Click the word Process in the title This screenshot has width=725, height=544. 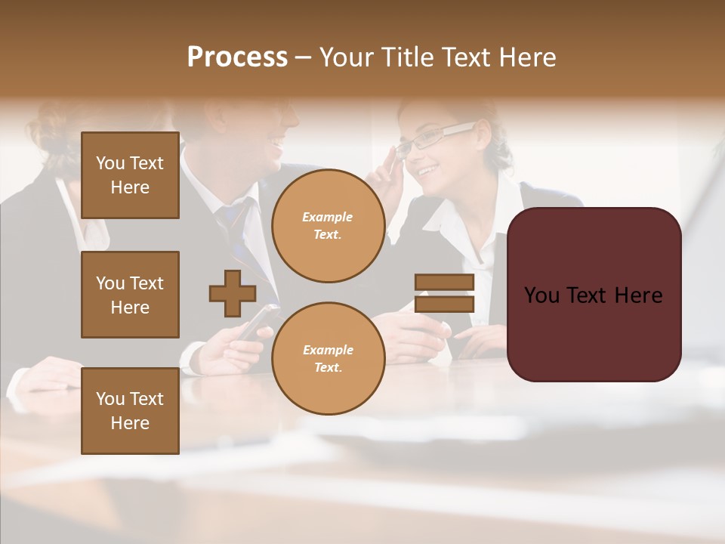(x=237, y=57)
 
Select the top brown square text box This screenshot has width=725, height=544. (x=130, y=175)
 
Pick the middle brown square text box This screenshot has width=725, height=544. (x=130, y=295)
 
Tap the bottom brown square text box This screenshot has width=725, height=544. (x=130, y=411)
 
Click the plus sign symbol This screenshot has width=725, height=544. (x=233, y=293)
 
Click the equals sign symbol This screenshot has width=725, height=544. (x=444, y=293)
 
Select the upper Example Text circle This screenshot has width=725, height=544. (x=328, y=226)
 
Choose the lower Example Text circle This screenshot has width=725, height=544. (x=328, y=359)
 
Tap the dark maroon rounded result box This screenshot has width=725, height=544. (x=594, y=295)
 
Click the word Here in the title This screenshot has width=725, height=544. (x=527, y=57)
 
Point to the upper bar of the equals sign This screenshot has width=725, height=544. (x=444, y=282)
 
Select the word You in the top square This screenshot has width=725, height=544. (x=110, y=163)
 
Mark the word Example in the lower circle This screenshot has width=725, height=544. (x=328, y=350)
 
